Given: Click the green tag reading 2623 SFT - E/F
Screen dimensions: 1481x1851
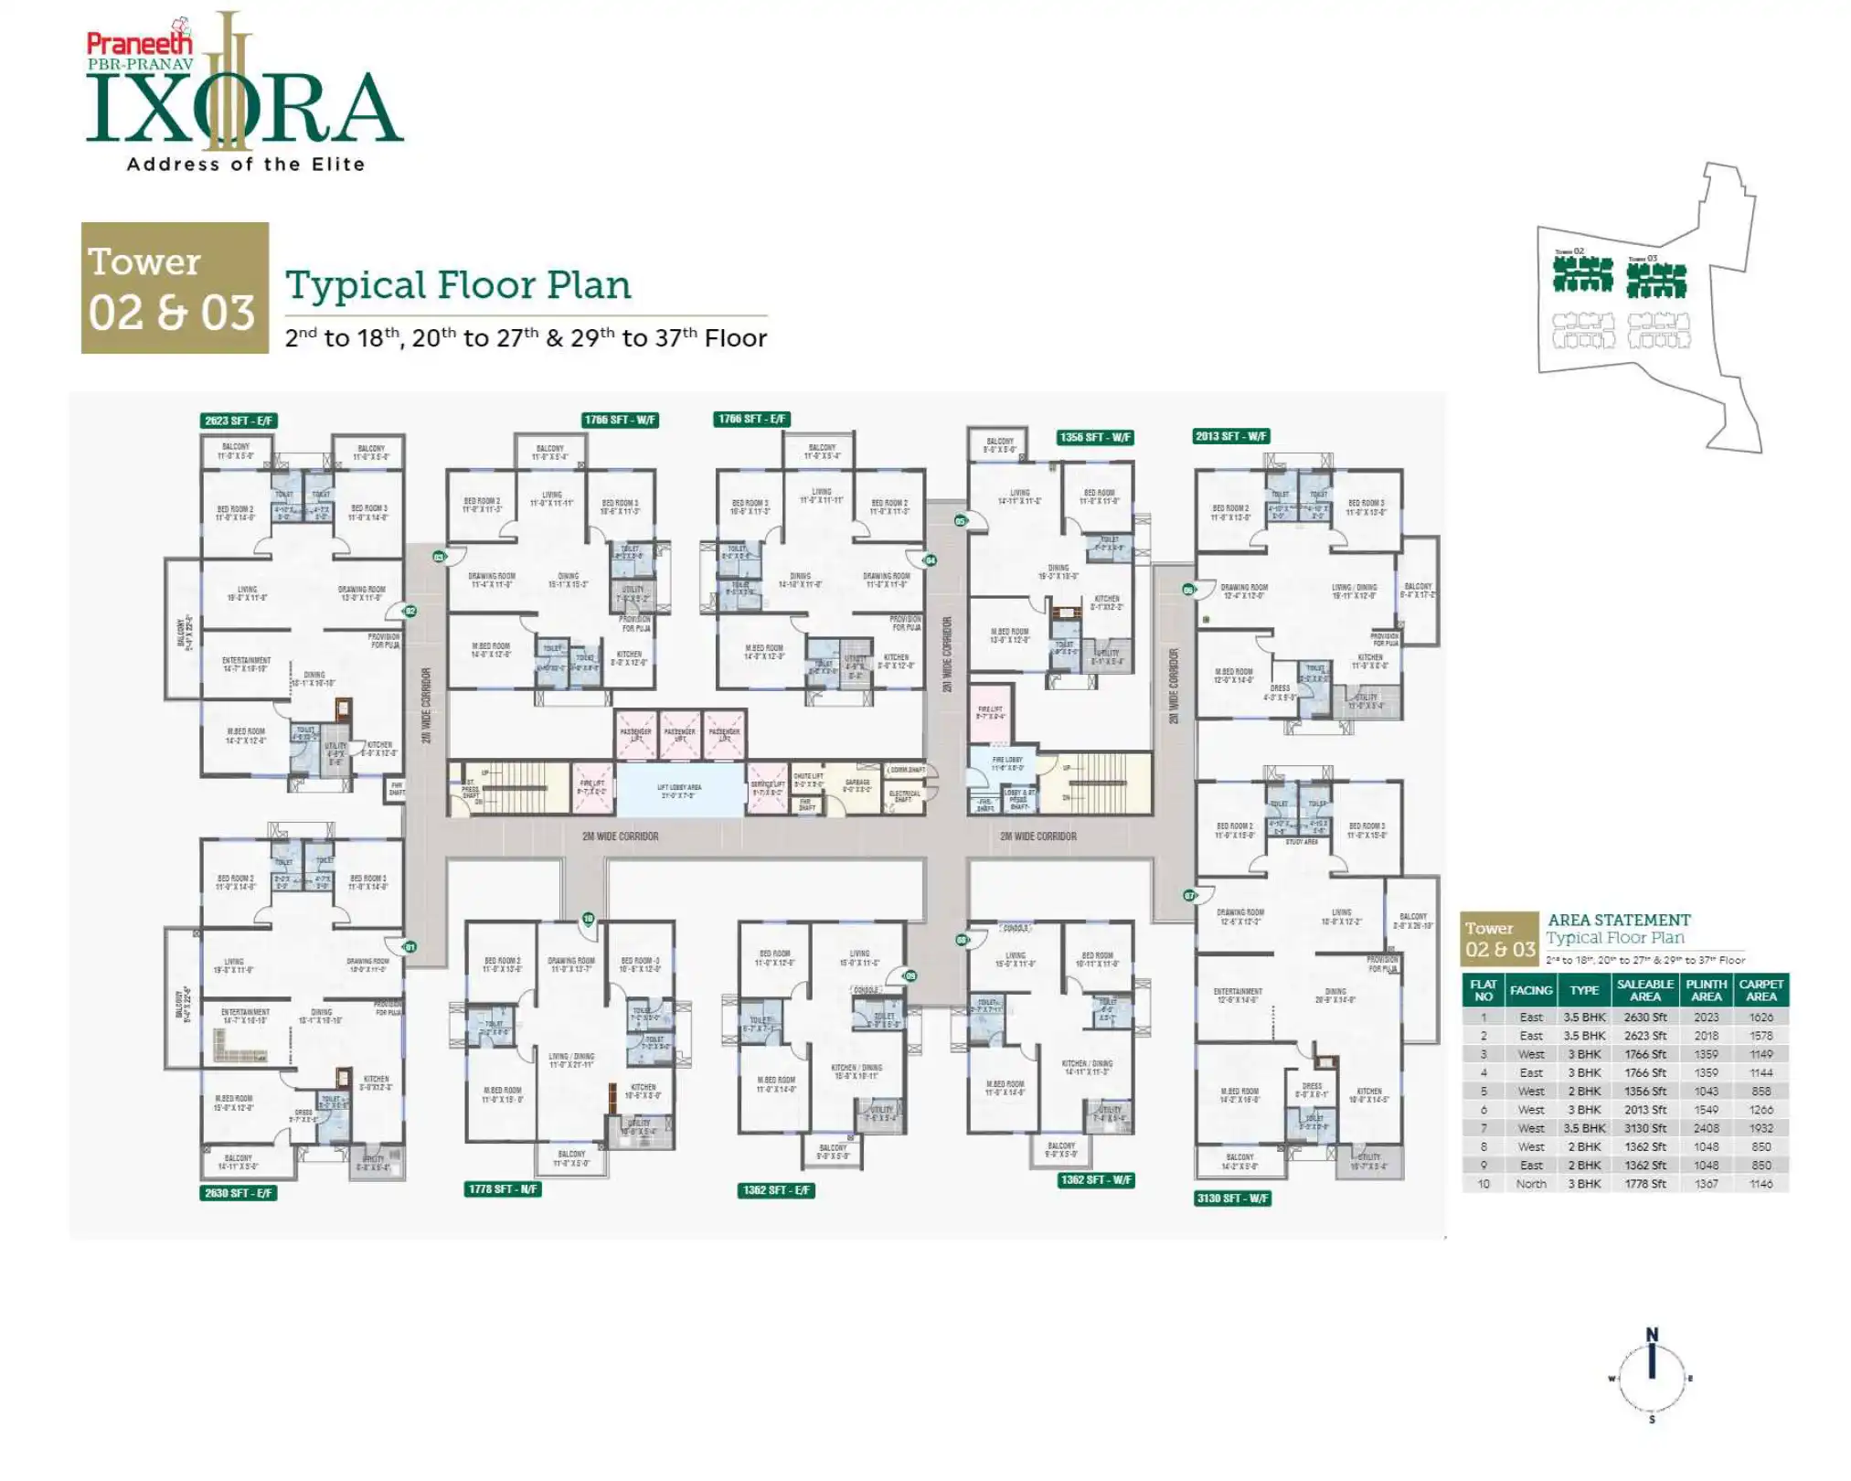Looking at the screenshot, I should pos(238,421).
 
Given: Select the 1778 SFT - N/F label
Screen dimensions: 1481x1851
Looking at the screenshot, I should pos(503,1188).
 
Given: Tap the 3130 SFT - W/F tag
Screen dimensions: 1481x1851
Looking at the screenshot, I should pos(1233,1198).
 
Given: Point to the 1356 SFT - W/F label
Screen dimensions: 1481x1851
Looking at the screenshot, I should pos(1095,437).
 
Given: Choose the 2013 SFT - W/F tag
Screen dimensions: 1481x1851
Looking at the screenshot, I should pos(1231,436).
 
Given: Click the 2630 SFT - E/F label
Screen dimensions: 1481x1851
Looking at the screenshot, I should pos(238,1192).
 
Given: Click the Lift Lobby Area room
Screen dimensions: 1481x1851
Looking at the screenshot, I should pos(679,790).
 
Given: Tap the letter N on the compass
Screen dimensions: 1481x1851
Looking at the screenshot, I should pos(1652,1335).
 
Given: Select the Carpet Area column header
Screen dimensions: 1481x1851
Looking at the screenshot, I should pos(1761,990).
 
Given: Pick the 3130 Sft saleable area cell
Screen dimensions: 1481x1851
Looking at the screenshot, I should pos(1644,1128).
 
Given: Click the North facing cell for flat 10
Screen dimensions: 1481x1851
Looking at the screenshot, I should pos(1531,1184).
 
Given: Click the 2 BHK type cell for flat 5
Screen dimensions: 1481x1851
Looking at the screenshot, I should pos(1584,1092).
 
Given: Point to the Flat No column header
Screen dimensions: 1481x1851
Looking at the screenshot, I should pos(1483,990).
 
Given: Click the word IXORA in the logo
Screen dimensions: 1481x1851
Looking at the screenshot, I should pos(244,110).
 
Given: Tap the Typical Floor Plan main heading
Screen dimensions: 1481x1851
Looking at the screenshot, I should pos(458,285).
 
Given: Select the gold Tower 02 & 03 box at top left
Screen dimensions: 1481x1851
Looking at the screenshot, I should pos(175,288).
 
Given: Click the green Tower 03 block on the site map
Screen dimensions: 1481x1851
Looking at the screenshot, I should pos(1656,278).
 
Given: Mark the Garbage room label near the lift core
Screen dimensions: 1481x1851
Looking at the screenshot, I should pos(856,785).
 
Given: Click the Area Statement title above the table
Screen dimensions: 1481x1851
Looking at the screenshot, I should pos(1619,920).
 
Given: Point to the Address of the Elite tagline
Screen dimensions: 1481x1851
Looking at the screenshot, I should pos(245,165).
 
